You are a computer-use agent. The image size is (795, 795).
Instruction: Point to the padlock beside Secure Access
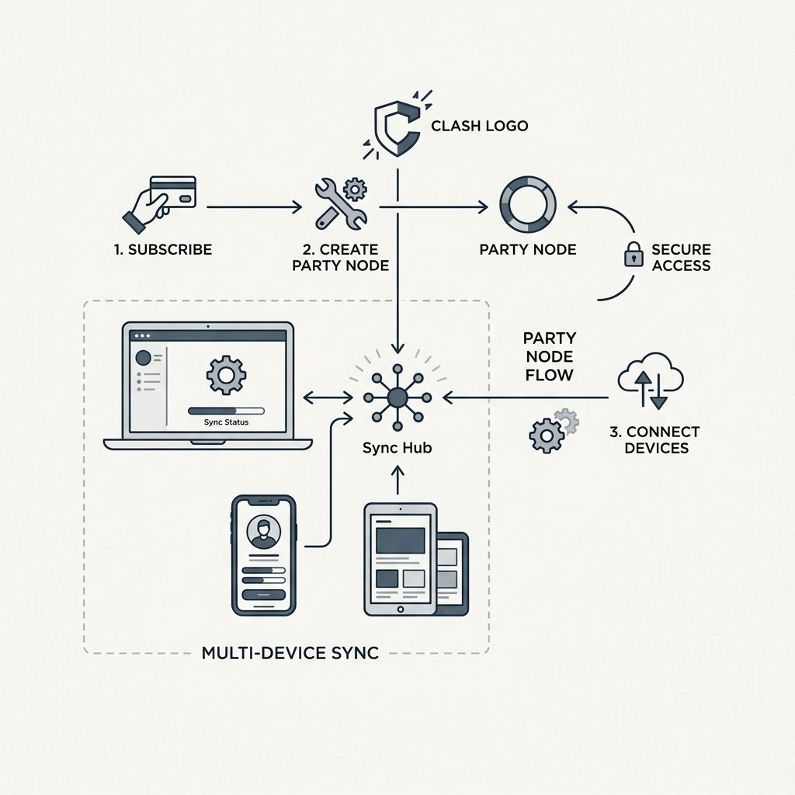coord(634,254)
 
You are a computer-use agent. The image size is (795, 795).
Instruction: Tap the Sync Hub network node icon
coord(397,397)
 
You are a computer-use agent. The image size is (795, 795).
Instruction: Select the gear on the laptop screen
coord(226,375)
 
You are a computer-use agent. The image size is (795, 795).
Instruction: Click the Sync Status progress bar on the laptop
coord(226,411)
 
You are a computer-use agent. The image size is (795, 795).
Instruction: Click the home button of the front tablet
coord(401,609)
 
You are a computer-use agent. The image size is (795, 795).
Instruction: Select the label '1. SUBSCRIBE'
coord(163,249)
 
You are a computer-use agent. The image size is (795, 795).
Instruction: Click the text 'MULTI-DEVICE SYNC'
coord(290,652)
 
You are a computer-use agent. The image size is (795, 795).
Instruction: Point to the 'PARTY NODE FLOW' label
coord(550,356)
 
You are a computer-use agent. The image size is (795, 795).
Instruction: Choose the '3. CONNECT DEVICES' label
coord(655,439)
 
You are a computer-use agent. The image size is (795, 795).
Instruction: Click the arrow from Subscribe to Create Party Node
coord(255,207)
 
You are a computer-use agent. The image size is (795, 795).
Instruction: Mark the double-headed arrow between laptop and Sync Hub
coord(328,397)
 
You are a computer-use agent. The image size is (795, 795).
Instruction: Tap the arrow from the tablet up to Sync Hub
coord(398,481)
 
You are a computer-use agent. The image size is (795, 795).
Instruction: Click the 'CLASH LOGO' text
coord(480,126)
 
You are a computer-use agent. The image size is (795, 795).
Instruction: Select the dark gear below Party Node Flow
coord(546,435)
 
